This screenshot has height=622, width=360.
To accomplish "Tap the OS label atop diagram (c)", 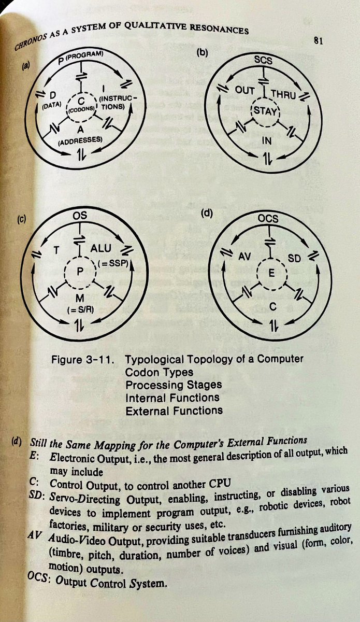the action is click(x=80, y=214).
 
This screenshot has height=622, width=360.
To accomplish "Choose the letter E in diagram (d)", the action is click(x=268, y=272).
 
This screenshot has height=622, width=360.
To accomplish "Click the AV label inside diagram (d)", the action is click(x=244, y=256).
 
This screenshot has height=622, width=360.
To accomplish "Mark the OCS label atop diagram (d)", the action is click(x=268, y=218).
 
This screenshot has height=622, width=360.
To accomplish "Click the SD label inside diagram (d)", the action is click(x=294, y=257).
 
